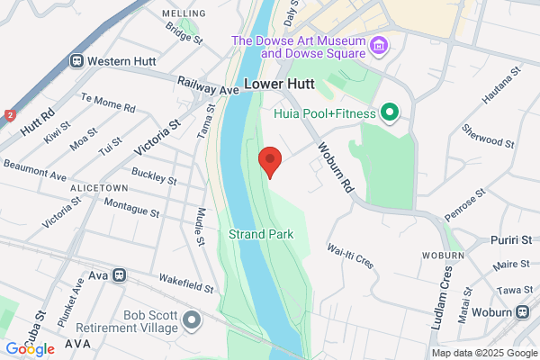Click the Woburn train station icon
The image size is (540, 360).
click(x=523, y=311)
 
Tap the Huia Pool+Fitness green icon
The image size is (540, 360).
click(x=390, y=112)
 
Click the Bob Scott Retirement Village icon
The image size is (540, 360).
click(x=191, y=319)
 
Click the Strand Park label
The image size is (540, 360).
click(x=260, y=235)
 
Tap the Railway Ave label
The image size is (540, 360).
click(x=208, y=86)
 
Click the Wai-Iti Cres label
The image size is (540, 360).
click(x=350, y=253)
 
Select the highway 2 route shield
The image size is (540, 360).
click(x=10, y=115)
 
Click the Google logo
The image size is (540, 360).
click(x=30, y=349)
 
